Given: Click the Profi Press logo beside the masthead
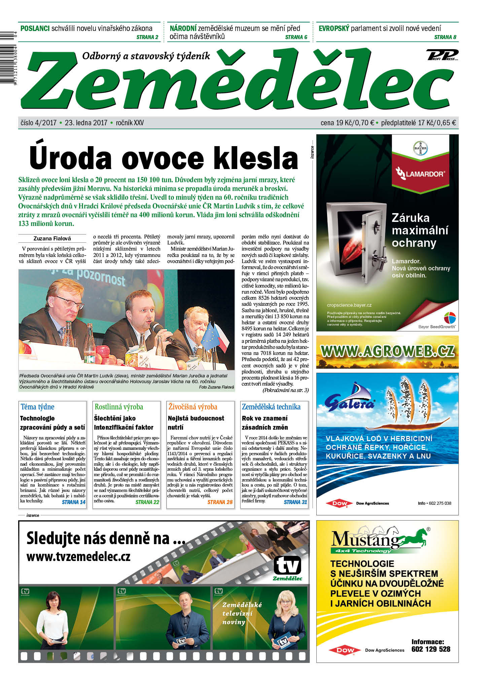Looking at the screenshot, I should pyautogui.click(x=442, y=55).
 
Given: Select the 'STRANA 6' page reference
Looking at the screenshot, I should pyautogui.click(x=296, y=37).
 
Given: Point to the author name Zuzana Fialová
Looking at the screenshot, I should pyautogui.click(x=52, y=238).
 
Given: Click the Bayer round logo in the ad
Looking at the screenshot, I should pyautogui.click(x=420, y=148).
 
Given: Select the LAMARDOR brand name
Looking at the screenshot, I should pyautogui.click(x=424, y=174).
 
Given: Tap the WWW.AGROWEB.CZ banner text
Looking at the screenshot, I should pyautogui.click(x=387, y=351).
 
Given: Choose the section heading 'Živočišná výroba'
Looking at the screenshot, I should pyautogui.click(x=193, y=407).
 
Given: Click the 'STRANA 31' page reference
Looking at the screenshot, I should pyautogui.click(x=295, y=502).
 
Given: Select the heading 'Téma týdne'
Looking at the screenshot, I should pyautogui.click(x=37, y=407).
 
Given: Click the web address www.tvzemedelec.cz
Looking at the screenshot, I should pyautogui.click(x=78, y=557).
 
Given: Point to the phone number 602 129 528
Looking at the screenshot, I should pyautogui.click(x=430, y=649).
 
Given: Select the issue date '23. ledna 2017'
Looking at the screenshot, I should pyautogui.click(x=86, y=123).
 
